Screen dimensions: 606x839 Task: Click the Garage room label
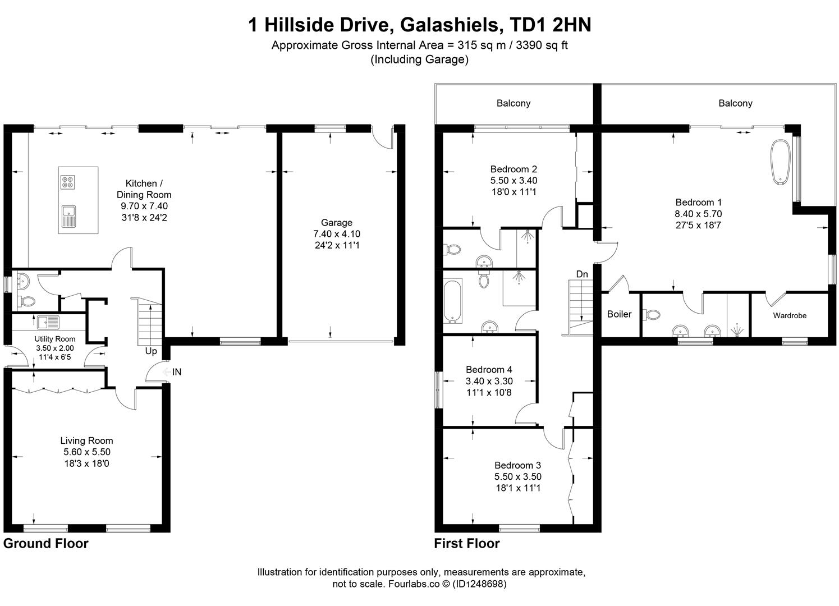[x=337, y=223]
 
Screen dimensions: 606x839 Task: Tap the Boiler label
[x=619, y=314]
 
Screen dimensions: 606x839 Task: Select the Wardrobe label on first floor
[x=789, y=315]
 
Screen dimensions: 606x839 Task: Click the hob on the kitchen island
[x=67, y=181]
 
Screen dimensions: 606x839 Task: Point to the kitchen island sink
[x=68, y=215]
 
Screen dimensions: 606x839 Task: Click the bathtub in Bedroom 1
[x=780, y=162]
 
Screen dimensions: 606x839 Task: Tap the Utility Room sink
[x=48, y=323]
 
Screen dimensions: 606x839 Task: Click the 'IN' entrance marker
[x=176, y=371]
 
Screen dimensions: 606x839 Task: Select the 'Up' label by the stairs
[x=151, y=351]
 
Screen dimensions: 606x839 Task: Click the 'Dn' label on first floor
[x=582, y=274]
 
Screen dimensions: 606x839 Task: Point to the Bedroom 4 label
[x=489, y=370]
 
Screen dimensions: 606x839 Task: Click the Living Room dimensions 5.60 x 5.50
[x=87, y=452]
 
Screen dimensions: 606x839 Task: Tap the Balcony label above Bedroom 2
[x=513, y=103]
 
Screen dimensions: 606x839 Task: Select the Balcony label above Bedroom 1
[x=735, y=103]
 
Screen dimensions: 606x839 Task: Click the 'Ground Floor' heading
[x=46, y=543]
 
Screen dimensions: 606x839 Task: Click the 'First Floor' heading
[x=466, y=543]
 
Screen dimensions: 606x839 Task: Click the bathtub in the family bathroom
[x=452, y=301]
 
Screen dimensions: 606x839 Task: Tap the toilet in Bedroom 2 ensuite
[x=452, y=249]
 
